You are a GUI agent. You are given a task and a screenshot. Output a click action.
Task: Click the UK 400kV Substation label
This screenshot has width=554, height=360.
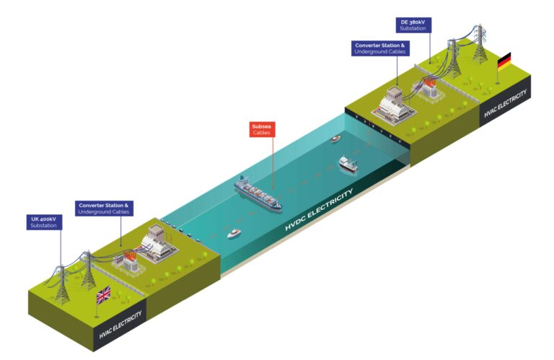(43, 221)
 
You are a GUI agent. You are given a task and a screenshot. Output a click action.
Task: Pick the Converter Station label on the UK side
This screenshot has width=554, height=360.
(104, 208)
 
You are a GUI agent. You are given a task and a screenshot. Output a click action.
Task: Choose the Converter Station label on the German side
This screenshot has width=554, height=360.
(381, 48)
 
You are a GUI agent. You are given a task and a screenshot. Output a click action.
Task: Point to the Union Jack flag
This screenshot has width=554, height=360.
(103, 295)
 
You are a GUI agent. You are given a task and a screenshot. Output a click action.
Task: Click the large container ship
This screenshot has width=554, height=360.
(258, 193)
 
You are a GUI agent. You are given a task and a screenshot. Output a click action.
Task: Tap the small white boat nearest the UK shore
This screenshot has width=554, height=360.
(234, 233)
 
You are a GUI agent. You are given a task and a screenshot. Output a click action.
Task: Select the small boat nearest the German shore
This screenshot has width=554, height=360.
(335, 139)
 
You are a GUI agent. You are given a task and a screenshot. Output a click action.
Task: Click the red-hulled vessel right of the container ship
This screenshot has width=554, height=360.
(348, 164)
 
